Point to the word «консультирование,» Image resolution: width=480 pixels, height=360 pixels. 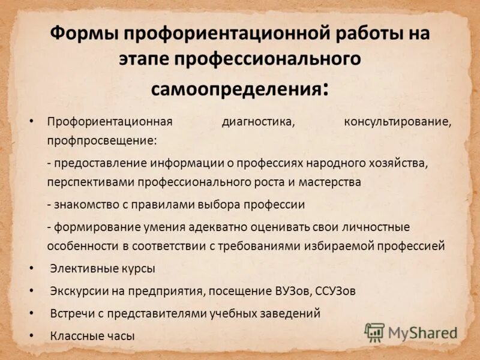click(397, 121)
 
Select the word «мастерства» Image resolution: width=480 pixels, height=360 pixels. click(330, 182)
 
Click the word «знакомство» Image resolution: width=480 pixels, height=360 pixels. click(85, 205)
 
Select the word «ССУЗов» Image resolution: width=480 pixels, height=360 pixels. click(335, 291)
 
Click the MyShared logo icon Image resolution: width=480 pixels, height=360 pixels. click(375, 332)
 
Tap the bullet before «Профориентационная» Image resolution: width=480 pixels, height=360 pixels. click(32, 121)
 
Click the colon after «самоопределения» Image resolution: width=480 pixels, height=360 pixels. click(325, 90)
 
